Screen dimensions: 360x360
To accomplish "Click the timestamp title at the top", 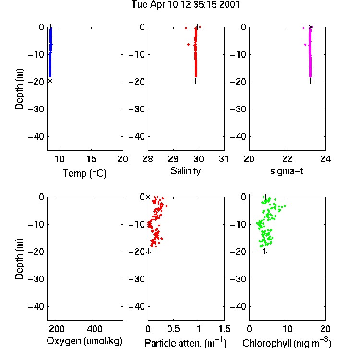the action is click(x=185, y=5).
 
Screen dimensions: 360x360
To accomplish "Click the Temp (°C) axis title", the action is click(x=84, y=173).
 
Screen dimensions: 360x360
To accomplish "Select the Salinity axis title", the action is click(x=185, y=171).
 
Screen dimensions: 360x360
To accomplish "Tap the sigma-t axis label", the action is click(x=287, y=171).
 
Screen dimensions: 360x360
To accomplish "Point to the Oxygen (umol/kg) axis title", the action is click(x=84, y=341).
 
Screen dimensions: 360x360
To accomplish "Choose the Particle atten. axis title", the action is click(x=186, y=343).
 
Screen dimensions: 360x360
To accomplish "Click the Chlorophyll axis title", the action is click(x=287, y=343).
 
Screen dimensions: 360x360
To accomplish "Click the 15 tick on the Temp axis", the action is click(x=91, y=159).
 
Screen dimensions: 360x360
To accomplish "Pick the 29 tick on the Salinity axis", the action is click(x=173, y=159).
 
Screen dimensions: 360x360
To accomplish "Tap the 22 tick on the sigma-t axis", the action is click(x=288, y=159).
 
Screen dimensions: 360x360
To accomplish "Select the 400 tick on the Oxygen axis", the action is click(x=95, y=329).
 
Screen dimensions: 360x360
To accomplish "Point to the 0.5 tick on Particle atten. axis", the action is click(x=173, y=329).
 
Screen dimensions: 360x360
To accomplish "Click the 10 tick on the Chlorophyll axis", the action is click(x=288, y=329).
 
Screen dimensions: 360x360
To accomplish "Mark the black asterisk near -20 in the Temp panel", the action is click(x=50, y=81).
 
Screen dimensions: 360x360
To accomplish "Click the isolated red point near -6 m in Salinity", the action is click(x=189, y=45).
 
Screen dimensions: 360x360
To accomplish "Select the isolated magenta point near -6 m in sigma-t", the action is click(x=305, y=45).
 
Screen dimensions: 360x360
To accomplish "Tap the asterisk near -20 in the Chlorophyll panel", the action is click(x=264, y=251).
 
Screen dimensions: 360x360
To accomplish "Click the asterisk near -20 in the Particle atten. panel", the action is click(x=148, y=251).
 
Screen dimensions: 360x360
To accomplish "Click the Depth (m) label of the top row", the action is click(x=19, y=89).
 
